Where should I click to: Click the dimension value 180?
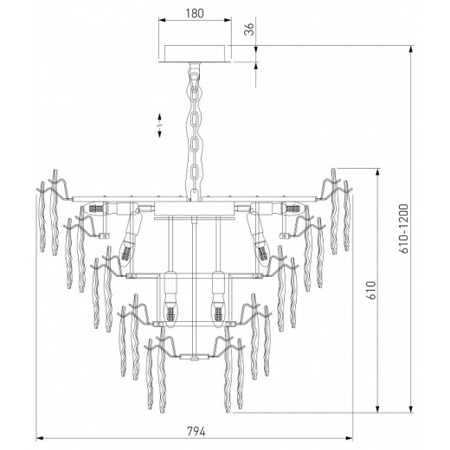pyautogui.click(x=195, y=13)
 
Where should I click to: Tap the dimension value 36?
pyautogui.click(x=248, y=29)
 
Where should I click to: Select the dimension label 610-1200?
pyautogui.click(x=404, y=228)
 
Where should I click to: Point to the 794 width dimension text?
pyautogui.click(x=196, y=432)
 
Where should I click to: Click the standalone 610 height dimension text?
pyautogui.click(x=371, y=290)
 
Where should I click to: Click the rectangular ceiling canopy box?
pyautogui.click(x=195, y=54)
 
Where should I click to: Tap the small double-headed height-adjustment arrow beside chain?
pyautogui.click(x=159, y=125)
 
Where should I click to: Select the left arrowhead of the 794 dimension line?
pyautogui.click(x=40, y=438)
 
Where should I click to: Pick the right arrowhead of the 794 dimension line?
pyautogui.click(x=349, y=438)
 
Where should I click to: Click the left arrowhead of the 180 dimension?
pyautogui.click(x=162, y=20)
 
